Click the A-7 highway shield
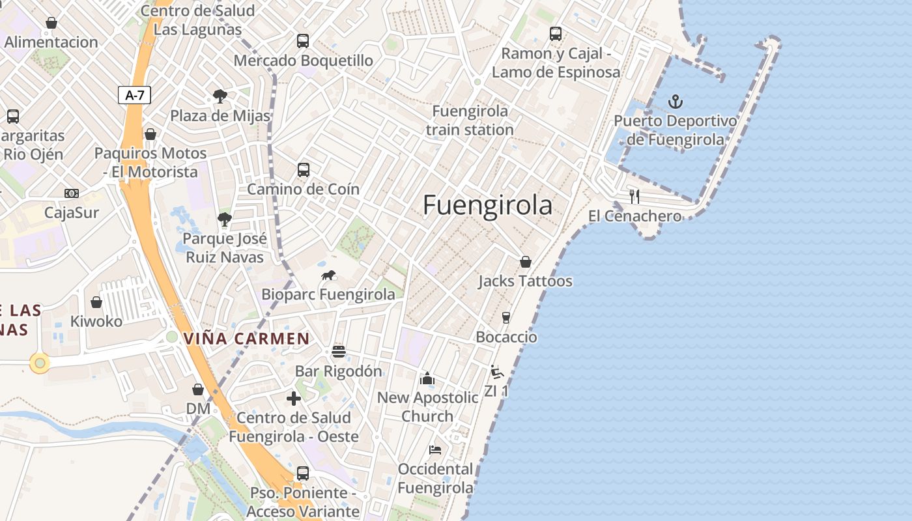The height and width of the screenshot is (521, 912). [135, 95]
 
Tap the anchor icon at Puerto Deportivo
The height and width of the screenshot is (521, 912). [676, 102]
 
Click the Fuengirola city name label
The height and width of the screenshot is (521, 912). [487, 205]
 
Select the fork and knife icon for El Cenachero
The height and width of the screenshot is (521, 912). [634, 196]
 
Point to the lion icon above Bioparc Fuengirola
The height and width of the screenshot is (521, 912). [328, 275]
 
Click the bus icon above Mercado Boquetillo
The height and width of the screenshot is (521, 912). [303, 41]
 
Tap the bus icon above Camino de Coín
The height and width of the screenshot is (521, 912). [304, 170]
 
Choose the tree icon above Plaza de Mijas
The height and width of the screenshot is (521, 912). [220, 96]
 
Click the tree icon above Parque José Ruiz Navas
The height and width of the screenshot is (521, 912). [225, 219]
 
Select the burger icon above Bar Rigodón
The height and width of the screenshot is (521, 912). [339, 352]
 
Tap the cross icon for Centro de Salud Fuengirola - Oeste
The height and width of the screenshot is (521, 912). [294, 398]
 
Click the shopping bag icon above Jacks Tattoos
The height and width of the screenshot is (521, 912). [526, 262]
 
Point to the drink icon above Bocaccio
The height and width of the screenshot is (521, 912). [506, 318]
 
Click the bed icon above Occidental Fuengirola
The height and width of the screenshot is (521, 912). [435, 450]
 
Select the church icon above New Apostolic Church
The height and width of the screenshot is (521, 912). [427, 378]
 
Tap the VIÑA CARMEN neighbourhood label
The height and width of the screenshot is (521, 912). [246, 339]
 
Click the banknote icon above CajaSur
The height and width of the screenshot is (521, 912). [72, 193]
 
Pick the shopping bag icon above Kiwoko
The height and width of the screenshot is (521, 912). [96, 302]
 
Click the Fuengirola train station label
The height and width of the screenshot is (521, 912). [470, 120]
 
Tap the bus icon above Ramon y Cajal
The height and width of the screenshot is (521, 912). [556, 34]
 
